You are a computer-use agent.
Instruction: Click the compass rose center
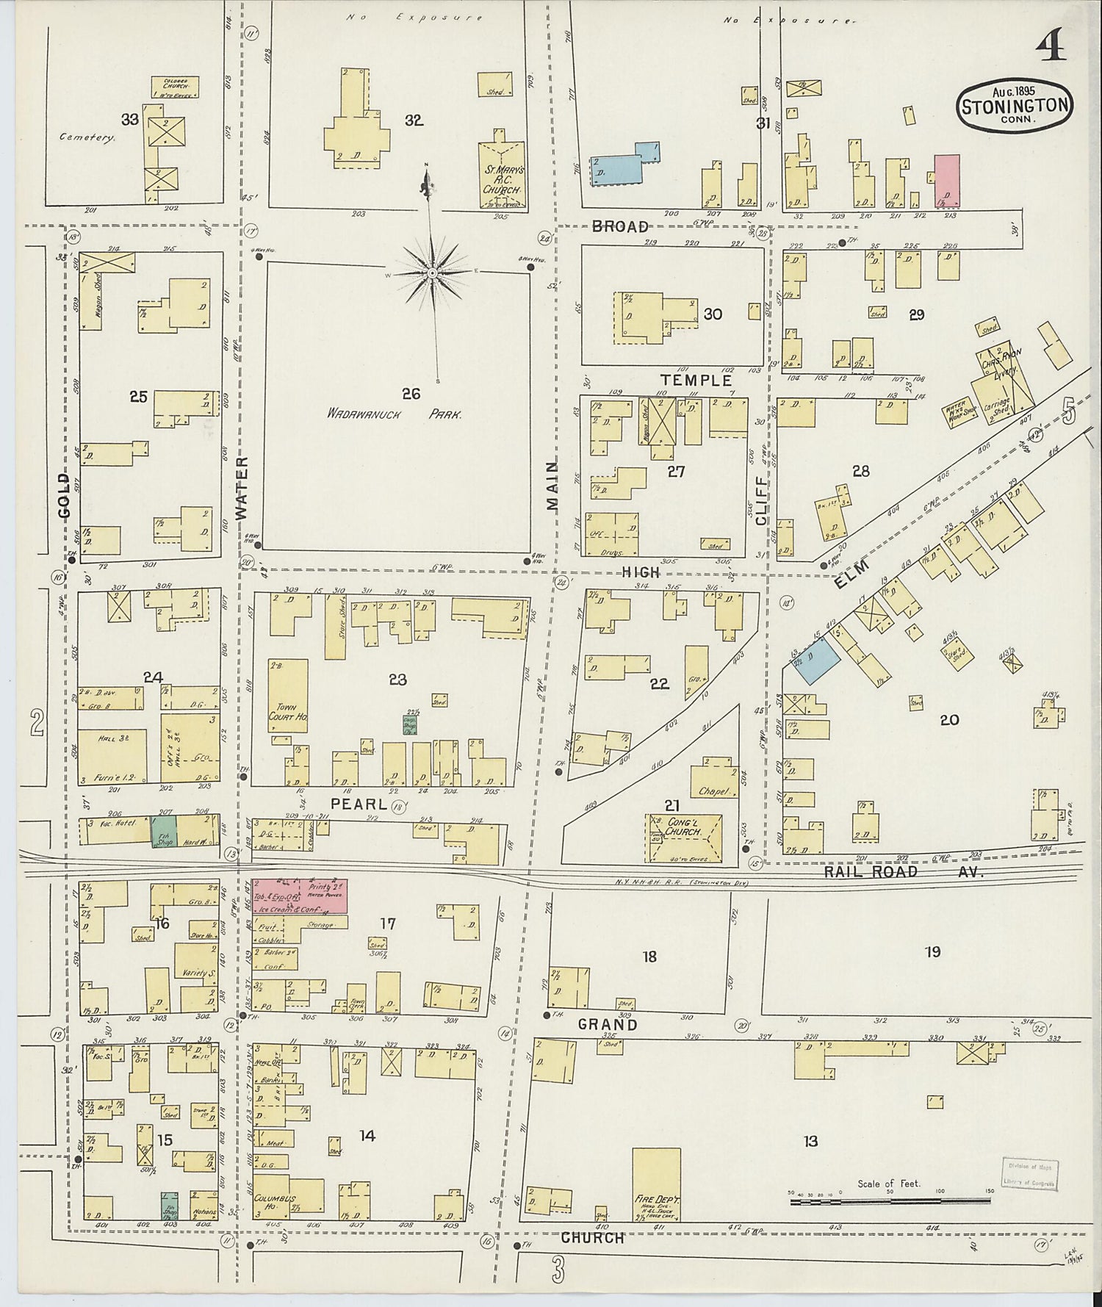point(433,273)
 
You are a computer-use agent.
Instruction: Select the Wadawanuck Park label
point(395,414)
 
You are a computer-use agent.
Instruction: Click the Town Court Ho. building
point(287,698)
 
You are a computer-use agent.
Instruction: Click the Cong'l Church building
point(684,837)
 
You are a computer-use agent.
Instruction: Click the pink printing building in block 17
point(300,896)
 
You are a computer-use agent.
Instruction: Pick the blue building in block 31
point(625,165)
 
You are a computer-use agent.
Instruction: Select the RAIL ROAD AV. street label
point(902,871)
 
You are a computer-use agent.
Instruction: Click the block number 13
point(810,1141)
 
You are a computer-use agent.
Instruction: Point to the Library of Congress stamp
point(1029,1174)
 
